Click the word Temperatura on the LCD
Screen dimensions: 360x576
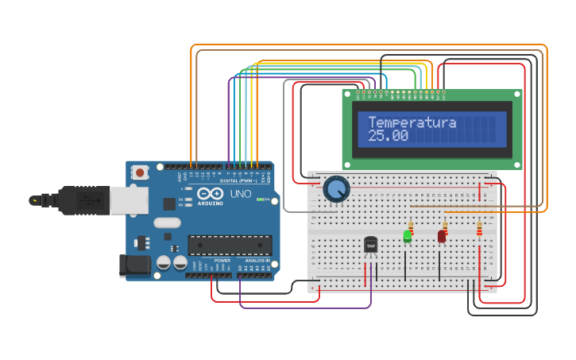tap(412, 122)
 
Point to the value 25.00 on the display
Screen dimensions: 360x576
tap(388, 137)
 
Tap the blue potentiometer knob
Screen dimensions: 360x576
tap(336, 189)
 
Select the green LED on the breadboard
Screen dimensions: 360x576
tap(408, 236)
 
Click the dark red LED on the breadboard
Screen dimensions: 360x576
tap(442, 236)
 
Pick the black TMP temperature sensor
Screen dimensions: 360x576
tap(370, 246)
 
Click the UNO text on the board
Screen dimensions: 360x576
tap(240, 194)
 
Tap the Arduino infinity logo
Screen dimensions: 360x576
tap(211, 193)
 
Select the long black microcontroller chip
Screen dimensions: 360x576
tap(230, 245)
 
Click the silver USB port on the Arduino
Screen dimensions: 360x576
tap(123, 200)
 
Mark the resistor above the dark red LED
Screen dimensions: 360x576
tap(445, 227)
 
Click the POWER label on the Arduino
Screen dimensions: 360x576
tap(222, 260)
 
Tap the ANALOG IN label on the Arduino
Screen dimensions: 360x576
tap(255, 260)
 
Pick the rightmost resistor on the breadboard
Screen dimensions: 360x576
tap(479, 229)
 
